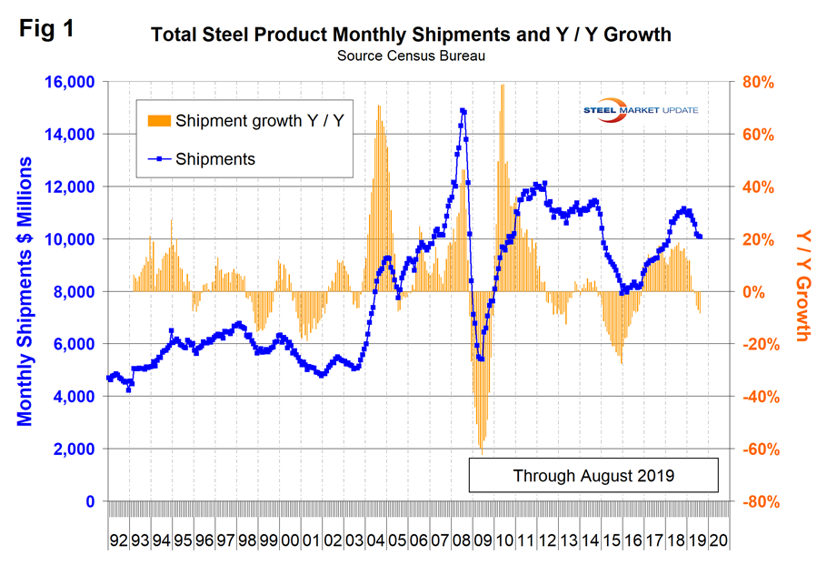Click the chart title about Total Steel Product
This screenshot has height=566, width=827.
point(412,35)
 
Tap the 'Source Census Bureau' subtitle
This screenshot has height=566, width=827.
point(412,56)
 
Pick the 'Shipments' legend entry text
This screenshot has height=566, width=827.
point(215,158)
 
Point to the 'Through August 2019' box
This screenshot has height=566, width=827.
point(593,475)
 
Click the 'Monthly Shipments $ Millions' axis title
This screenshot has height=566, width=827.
point(25,291)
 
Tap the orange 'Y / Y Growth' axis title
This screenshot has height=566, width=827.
point(802,285)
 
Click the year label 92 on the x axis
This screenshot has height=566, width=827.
point(118,540)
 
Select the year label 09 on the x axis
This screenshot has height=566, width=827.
point(483,540)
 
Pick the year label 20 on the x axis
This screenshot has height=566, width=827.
point(718,540)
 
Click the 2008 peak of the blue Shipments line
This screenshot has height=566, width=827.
point(463,110)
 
